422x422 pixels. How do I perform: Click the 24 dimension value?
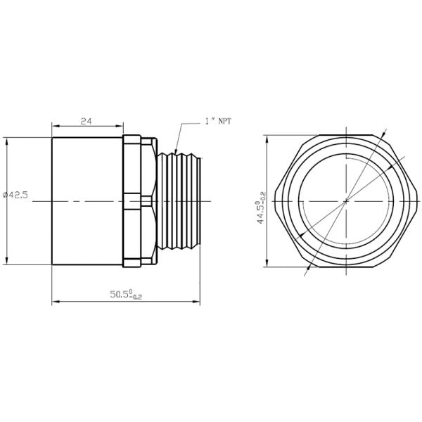[x=86, y=122]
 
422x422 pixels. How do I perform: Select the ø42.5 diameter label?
[x=15, y=195]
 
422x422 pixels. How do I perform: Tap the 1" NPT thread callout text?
[x=218, y=121]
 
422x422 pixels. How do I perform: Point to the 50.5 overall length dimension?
[x=126, y=294]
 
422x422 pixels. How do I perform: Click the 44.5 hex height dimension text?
[x=261, y=207]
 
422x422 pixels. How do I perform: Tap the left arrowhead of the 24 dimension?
[x=55, y=126]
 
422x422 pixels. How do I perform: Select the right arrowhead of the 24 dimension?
[x=120, y=126]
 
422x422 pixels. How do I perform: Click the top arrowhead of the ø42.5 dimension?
[x=6, y=141]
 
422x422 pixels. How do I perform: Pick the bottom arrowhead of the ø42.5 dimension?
[x=6, y=261]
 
